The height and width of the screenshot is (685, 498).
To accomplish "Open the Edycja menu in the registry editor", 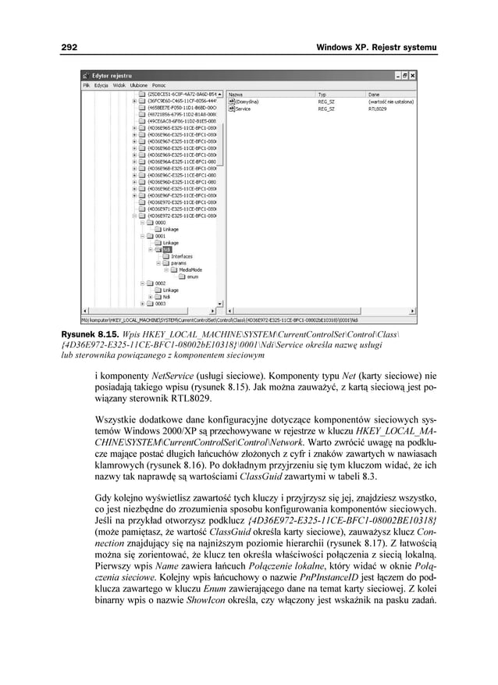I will click(x=101, y=84).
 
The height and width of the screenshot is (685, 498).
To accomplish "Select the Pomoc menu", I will click(x=159, y=84).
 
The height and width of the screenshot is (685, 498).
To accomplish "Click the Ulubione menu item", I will click(x=139, y=84).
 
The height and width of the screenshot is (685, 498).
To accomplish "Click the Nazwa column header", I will click(x=235, y=93).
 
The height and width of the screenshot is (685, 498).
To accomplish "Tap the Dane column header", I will click(x=372, y=93).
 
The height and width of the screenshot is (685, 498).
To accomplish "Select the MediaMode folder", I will click(x=190, y=269).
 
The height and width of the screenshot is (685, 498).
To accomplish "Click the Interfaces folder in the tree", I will click(x=182, y=256).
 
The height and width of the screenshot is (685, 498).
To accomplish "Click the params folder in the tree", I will click(x=179, y=263).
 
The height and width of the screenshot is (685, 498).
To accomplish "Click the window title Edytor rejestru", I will click(x=112, y=75).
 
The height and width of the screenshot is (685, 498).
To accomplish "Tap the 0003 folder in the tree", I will click(x=160, y=303).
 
